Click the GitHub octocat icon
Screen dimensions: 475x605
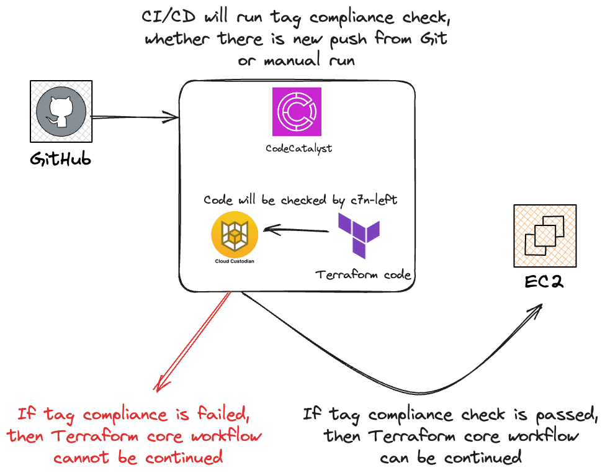point(60,112)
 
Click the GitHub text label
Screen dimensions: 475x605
point(61,159)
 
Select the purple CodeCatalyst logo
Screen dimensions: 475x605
point(297,112)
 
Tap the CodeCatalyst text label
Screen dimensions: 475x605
point(298,149)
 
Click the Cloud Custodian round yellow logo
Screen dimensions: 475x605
point(235,235)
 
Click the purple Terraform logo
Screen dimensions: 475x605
point(359,235)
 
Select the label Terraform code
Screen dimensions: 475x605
point(363,274)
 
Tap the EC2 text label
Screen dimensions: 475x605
point(545,283)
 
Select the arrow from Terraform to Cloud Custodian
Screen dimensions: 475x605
point(295,231)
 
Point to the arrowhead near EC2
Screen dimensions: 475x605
point(535,310)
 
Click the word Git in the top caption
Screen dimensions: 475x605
point(432,38)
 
